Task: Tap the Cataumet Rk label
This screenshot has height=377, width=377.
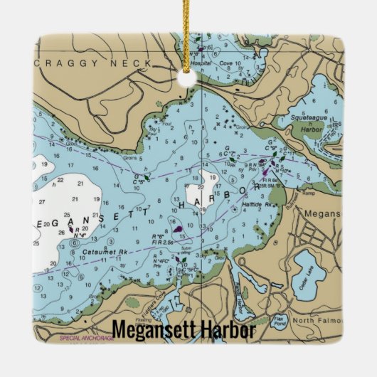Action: click(x=104, y=253)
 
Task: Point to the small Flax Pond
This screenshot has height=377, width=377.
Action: click(x=280, y=319)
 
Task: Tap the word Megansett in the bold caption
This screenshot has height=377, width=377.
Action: click(x=152, y=331)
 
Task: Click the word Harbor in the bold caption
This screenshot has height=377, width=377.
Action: click(x=225, y=331)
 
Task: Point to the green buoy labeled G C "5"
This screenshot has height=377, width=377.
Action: click(x=147, y=177)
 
